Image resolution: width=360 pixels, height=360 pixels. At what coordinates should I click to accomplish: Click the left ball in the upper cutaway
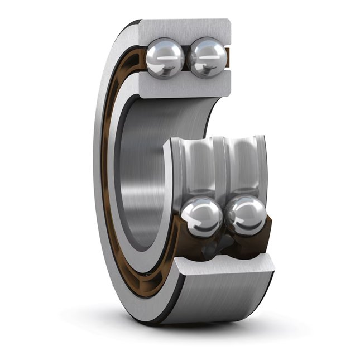pos(165,57)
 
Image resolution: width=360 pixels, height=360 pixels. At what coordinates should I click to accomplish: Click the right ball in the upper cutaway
pos(207,57)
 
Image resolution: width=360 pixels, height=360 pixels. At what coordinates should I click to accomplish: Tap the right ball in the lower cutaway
pos(246,215)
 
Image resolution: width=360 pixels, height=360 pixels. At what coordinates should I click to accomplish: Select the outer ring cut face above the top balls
pos(184,29)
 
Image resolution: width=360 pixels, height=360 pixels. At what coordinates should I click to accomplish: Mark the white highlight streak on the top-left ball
pos(165,57)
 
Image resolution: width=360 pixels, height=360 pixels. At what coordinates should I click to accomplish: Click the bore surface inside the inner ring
pos(140,167)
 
